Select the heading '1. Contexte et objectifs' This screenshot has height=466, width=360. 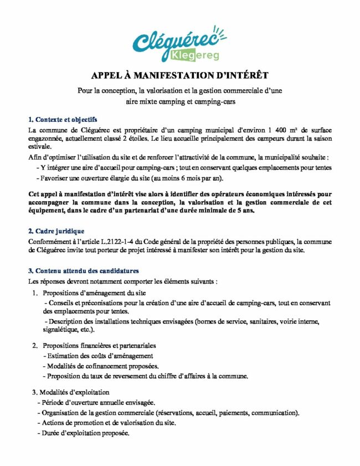63,119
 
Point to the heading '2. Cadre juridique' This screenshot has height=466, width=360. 56,231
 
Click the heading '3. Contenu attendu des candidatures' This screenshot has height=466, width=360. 83,270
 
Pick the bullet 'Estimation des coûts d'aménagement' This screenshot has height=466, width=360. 98,356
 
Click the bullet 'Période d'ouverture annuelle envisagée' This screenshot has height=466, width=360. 95,402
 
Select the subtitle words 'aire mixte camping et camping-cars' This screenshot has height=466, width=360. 179,101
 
